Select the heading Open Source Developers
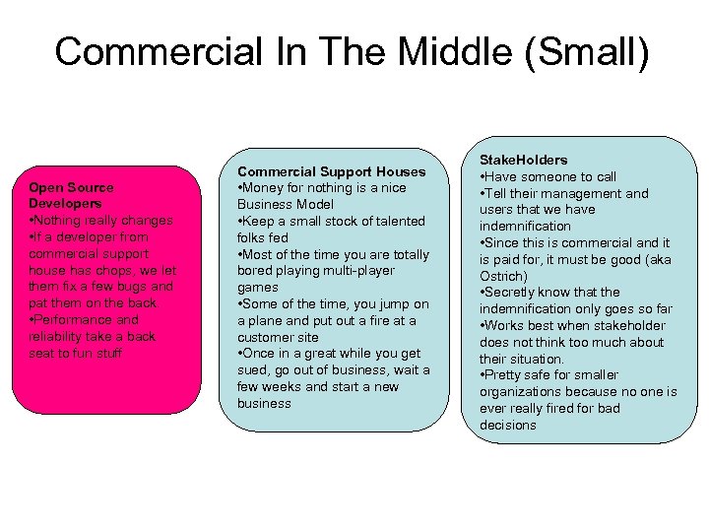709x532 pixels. point(71,195)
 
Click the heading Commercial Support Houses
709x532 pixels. point(331,171)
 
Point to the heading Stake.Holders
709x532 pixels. point(524,160)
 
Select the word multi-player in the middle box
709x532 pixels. point(356,271)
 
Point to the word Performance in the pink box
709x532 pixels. point(72,320)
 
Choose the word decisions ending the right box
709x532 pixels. point(508,425)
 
